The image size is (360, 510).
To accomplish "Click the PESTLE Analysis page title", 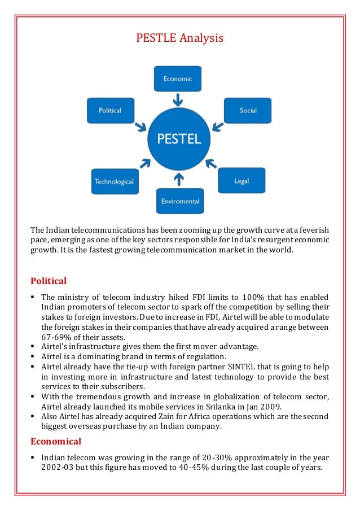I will (180, 38).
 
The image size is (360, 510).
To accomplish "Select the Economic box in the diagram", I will (178, 79).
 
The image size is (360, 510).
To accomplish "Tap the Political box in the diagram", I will (110, 110).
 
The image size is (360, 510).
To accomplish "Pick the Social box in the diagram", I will (248, 110).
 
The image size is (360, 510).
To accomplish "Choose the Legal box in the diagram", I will (242, 181).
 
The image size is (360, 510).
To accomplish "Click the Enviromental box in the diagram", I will (180, 201).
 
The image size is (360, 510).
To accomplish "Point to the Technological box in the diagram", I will (114, 182).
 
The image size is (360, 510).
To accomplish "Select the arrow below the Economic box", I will (178, 100).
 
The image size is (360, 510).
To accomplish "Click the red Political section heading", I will (49, 281).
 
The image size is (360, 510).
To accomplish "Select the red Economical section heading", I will (56, 441).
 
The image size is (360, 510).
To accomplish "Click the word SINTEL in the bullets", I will (231, 367).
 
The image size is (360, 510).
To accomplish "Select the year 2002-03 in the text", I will (59, 467).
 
